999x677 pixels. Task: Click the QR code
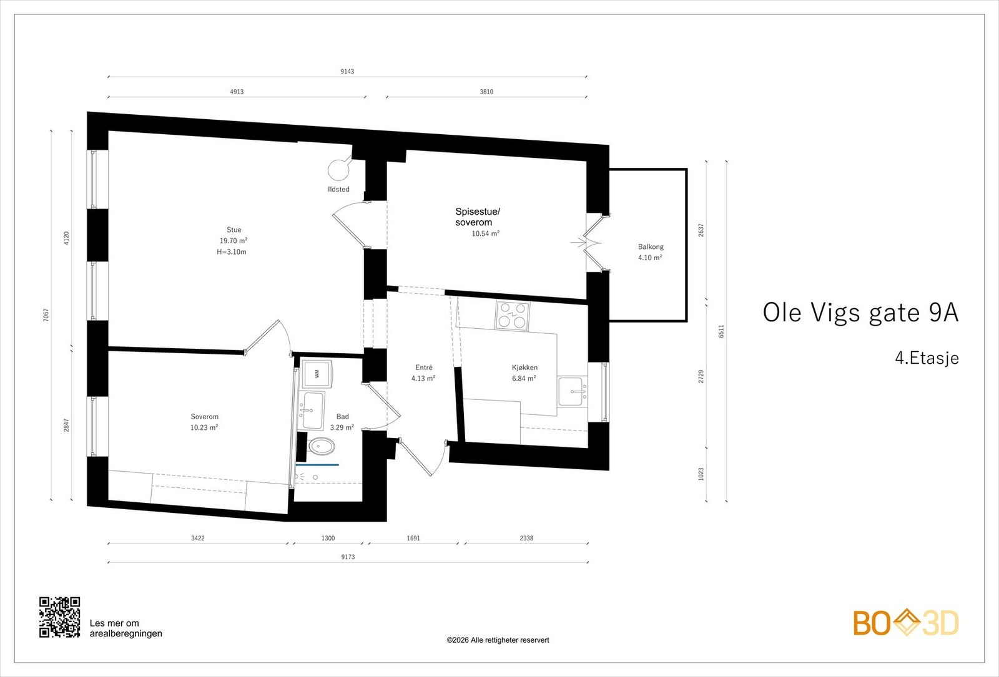[x=60, y=617]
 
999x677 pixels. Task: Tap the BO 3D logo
[x=906, y=623]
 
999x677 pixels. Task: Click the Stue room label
[x=234, y=230]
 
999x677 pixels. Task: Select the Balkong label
[x=651, y=246]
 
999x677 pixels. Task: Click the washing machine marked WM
[x=316, y=374]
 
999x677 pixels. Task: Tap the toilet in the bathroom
[x=321, y=446]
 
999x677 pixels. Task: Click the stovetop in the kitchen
[x=513, y=316]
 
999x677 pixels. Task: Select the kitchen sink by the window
[x=573, y=392]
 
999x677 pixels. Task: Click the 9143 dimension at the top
[x=347, y=71]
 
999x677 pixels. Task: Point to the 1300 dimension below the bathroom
[x=328, y=538]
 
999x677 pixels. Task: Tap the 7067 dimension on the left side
[x=46, y=315]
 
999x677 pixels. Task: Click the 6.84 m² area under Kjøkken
[x=524, y=378]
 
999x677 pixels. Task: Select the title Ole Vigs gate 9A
[x=860, y=313]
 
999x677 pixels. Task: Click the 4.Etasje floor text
[x=927, y=358]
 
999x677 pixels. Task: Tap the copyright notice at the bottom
[x=498, y=640]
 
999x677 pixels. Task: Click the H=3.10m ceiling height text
[x=232, y=252]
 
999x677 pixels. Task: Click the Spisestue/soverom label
[x=478, y=217]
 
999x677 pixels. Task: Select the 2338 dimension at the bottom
[x=526, y=538]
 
